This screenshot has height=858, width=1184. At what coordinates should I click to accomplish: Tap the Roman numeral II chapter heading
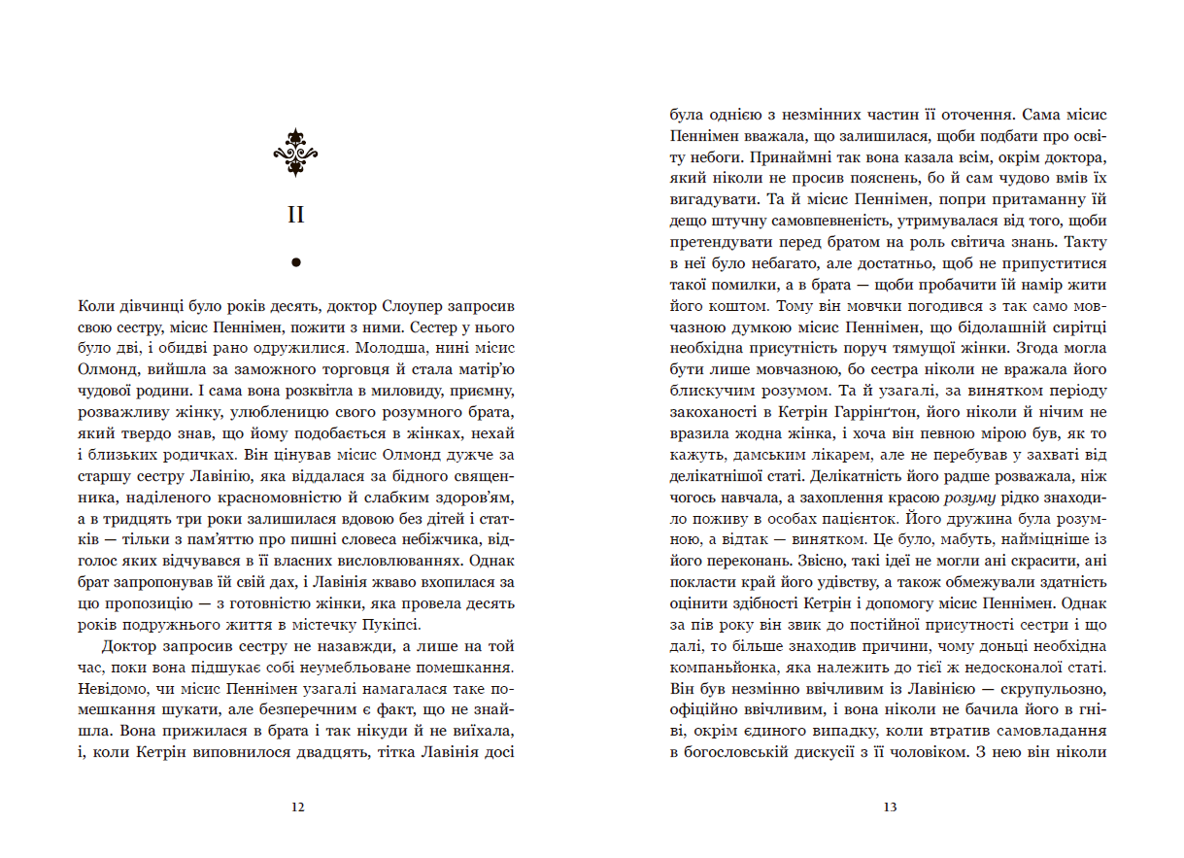click(296, 215)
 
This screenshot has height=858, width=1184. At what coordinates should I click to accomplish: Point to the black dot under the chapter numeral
click(296, 261)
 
